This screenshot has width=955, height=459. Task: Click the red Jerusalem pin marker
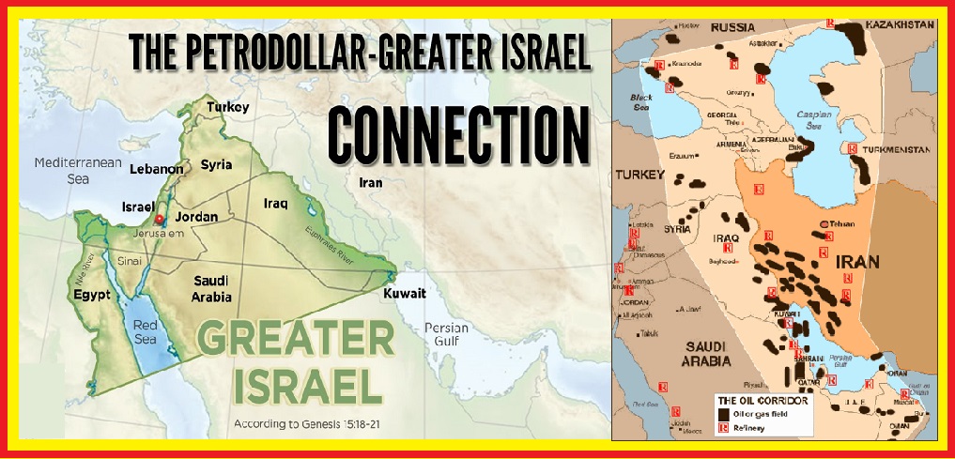click(159, 219)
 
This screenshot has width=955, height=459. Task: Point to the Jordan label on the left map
click(196, 217)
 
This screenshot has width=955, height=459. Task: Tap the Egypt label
click(92, 295)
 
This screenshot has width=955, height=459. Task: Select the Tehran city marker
click(824, 223)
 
